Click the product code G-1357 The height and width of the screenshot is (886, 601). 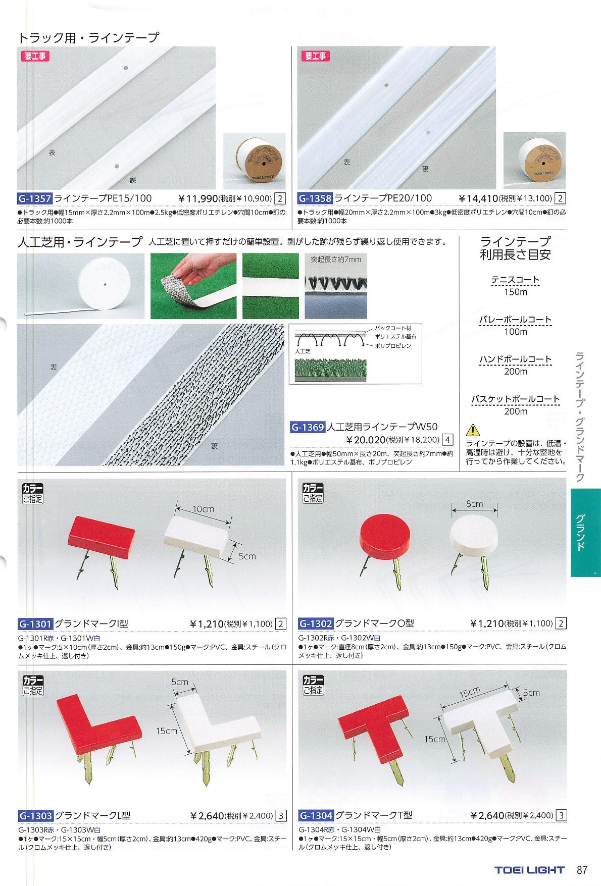click(x=35, y=198)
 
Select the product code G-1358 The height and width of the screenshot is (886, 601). click(x=315, y=198)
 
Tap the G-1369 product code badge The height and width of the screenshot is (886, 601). click(x=308, y=428)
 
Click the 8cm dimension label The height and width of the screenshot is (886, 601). click(x=474, y=504)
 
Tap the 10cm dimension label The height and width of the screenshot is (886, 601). click(x=203, y=509)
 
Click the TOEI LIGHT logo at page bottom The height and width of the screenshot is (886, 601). click(x=528, y=870)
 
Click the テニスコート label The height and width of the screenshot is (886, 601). click(x=515, y=280)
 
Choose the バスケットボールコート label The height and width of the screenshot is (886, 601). click(x=515, y=399)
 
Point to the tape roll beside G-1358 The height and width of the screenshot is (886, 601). click(x=534, y=160)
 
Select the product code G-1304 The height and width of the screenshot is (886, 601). click(x=316, y=815)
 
